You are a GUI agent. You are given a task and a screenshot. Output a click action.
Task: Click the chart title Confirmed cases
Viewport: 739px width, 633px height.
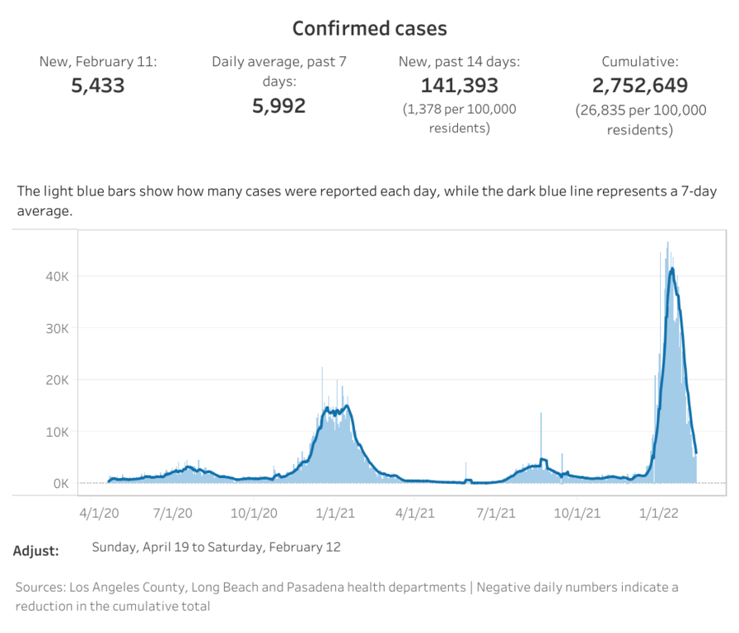(x=370, y=29)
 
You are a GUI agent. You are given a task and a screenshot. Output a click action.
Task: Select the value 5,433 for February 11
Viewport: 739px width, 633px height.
(x=98, y=85)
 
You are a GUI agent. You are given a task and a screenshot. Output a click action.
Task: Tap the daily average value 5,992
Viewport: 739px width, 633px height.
(x=278, y=105)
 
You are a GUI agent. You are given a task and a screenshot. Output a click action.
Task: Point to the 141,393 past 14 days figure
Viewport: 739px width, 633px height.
(x=461, y=85)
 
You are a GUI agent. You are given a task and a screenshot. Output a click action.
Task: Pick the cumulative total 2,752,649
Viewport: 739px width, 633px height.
(x=640, y=85)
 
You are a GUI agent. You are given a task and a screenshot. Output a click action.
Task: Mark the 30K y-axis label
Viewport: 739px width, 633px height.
(x=56, y=328)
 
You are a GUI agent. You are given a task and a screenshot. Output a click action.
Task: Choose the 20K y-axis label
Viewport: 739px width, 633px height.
(x=56, y=380)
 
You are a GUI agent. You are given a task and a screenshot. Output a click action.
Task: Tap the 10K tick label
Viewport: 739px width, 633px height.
(x=56, y=432)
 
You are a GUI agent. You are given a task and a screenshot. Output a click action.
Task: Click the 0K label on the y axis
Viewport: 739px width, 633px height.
(x=60, y=484)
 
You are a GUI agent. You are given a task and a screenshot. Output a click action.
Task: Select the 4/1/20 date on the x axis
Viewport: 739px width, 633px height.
(x=99, y=513)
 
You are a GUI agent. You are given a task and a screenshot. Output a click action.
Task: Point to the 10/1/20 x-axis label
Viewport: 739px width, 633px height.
(x=255, y=513)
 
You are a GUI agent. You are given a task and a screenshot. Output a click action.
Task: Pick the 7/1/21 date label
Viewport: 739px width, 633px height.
(x=495, y=513)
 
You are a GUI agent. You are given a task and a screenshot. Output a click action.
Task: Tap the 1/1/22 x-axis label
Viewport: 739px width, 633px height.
(x=658, y=513)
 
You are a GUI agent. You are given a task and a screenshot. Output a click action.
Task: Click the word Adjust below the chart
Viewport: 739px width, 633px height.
(x=36, y=551)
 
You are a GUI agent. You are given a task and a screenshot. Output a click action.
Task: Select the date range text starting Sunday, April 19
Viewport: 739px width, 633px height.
(x=216, y=546)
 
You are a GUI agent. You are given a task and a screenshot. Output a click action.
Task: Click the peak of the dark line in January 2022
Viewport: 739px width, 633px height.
(x=672, y=269)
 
